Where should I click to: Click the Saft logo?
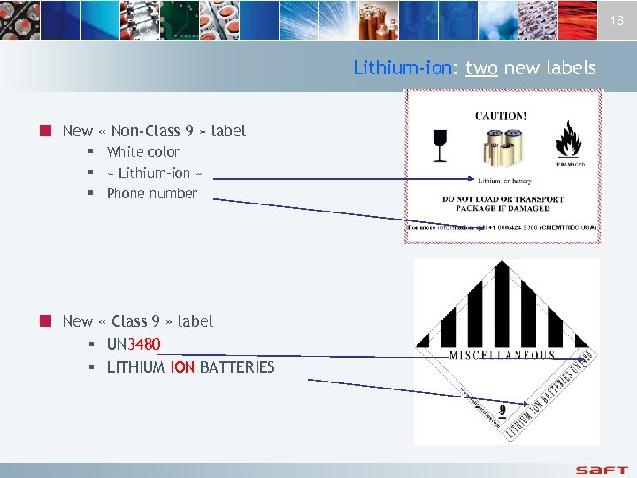pos(602,468)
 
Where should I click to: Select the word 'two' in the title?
pos(481,68)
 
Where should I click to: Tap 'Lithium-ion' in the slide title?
pos(403,68)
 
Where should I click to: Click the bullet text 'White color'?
pos(143,151)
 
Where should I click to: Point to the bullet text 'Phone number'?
pos(152,193)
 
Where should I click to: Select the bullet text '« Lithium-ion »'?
pos(155,173)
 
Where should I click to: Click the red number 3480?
pos(145,343)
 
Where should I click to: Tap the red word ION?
pos(182,366)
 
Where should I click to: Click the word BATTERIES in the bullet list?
pos(237,366)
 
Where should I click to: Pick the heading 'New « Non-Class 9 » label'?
pos(154,131)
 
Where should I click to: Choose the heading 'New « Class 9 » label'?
pos(138,321)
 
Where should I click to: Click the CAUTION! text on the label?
pos(501,115)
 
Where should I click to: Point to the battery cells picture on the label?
pos(502,151)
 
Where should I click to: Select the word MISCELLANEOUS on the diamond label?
pos(503,355)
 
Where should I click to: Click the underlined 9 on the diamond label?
pos(503,410)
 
